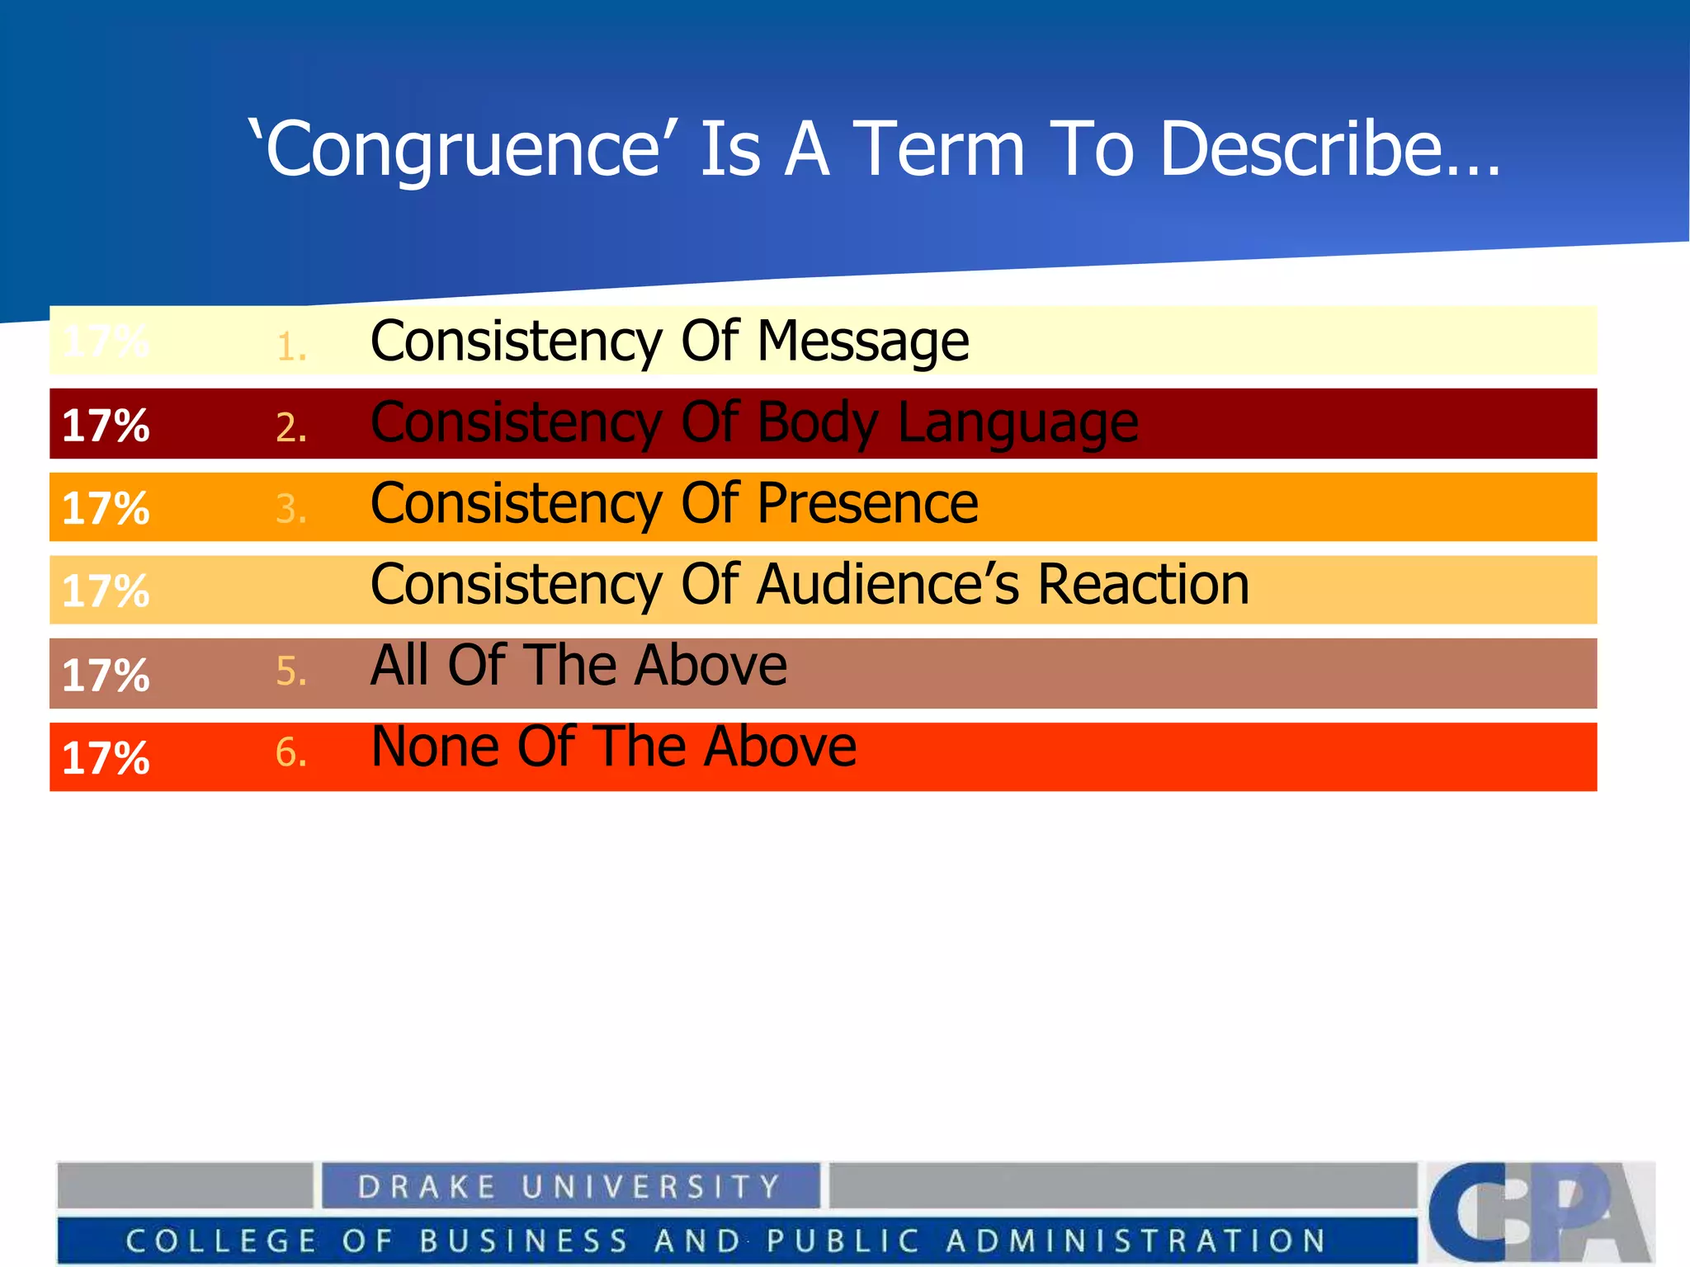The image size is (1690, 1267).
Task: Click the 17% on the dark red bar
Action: point(106,426)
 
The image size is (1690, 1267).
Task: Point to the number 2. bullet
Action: point(291,428)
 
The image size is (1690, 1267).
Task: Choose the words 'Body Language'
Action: point(947,423)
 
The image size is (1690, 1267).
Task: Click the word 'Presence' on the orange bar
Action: point(867,503)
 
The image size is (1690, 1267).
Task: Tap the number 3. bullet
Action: point(291,509)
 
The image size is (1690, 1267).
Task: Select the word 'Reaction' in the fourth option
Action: point(1143,585)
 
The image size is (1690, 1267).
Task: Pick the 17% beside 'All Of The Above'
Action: point(106,675)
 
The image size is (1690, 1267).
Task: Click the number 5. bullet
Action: point(291,671)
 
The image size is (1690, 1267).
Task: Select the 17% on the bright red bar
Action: point(106,758)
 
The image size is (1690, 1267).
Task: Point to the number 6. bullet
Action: point(291,752)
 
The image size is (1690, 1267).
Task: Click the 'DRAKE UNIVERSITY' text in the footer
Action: point(569,1187)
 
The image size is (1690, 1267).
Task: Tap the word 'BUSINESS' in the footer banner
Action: point(523,1241)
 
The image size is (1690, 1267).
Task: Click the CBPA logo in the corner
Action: point(1540,1211)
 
